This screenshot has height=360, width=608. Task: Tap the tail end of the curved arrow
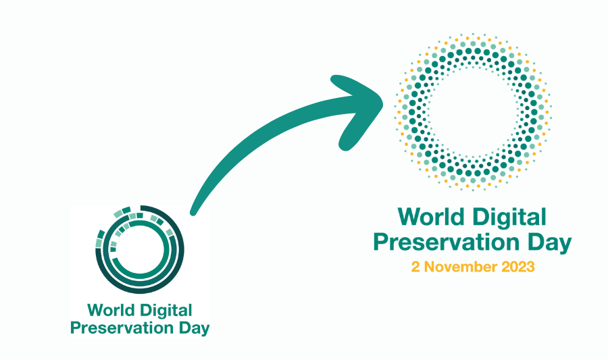click(193, 212)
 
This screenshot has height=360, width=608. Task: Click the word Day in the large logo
click(549, 244)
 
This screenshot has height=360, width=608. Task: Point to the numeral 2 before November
click(415, 267)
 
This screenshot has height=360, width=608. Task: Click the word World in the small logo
click(111, 311)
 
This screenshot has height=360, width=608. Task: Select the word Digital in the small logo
click(166, 311)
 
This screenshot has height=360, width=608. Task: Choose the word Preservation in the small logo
click(122, 328)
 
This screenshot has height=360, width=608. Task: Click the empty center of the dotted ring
click(473, 112)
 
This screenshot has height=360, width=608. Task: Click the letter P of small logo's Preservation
click(76, 328)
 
